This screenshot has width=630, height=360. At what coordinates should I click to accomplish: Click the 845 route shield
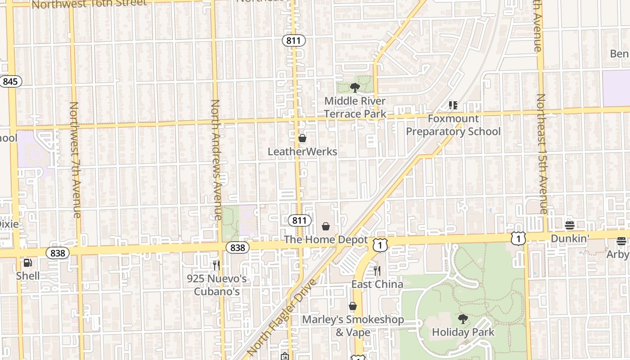10,81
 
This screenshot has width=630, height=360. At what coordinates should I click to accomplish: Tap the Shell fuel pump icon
27,262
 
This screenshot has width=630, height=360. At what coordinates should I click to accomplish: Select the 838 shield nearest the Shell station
58,253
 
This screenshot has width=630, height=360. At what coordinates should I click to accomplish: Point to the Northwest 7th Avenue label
74,160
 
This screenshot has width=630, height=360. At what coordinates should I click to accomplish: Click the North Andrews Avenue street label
216,160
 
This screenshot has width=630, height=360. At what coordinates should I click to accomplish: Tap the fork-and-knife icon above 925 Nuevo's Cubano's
216,265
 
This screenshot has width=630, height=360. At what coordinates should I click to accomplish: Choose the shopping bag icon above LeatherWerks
302,138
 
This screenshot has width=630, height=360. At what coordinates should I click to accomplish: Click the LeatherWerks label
302,152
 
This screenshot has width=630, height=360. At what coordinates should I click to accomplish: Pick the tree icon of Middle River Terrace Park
355,88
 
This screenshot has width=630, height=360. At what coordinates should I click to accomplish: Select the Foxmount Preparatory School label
453,125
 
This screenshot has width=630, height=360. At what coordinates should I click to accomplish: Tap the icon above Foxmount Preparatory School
453,105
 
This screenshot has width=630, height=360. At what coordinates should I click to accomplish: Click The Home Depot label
326,240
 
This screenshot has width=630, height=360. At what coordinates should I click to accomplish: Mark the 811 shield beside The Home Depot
299,220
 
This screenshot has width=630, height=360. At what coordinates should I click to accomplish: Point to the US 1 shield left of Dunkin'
518,238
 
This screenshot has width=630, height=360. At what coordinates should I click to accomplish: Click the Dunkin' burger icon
570,225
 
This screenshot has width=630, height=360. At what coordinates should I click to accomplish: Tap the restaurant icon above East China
377,270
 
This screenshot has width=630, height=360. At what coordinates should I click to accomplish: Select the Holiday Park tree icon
463,319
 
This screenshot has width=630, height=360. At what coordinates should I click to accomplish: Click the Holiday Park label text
463,333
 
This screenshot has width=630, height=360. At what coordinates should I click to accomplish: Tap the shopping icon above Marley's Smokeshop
353,306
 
